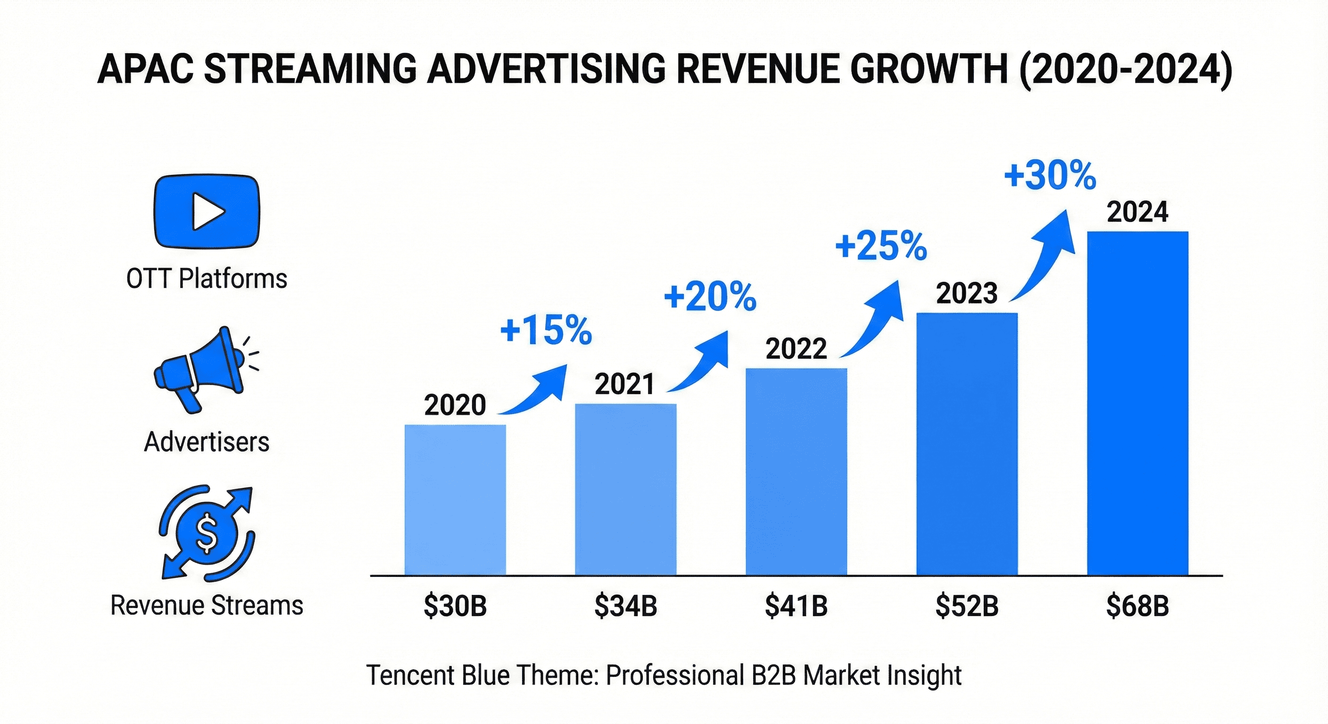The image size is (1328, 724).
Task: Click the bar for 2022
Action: [796, 471]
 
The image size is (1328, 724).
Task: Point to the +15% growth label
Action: [546, 330]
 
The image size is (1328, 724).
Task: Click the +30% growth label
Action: [1050, 176]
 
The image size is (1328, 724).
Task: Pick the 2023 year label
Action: [967, 293]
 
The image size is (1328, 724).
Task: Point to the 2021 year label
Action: [624, 384]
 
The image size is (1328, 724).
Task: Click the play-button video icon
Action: [207, 211]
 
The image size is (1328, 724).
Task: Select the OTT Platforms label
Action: [207, 279]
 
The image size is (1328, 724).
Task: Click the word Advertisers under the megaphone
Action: [207, 442]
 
